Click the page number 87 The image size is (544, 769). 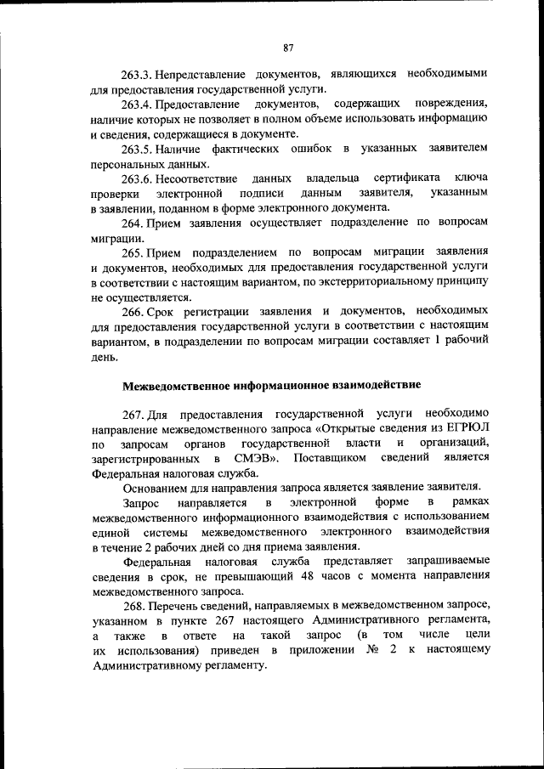point(289,48)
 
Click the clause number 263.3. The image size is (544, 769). point(139,73)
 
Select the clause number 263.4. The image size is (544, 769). point(139,104)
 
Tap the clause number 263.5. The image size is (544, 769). point(139,149)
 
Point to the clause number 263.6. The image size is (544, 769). point(139,178)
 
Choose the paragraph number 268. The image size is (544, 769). point(133,606)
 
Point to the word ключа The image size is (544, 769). point(472,178)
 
